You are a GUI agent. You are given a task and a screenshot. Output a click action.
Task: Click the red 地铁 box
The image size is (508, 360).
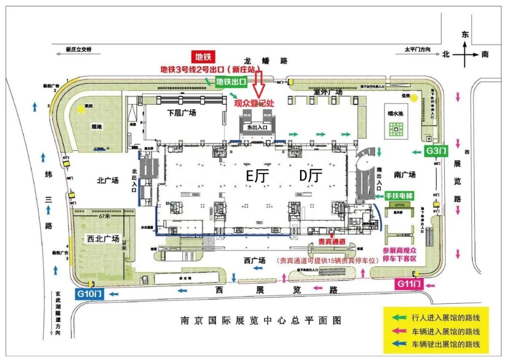[x=203, y=57]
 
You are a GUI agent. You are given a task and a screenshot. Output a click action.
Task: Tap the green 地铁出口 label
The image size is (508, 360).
[x=231, y=82]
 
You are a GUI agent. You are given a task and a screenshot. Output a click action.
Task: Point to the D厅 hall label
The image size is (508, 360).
[x=311, y=176]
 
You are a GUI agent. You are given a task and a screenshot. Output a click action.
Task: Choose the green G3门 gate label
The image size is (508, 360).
[x=436, y=151]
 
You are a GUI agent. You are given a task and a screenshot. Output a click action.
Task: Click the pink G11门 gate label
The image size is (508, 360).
[x=409, y=284]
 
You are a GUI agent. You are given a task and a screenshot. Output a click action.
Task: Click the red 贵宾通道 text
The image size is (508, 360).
[x=332, y=242]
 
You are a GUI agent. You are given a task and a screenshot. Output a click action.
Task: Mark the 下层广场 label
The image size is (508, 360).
[x=182, y=113]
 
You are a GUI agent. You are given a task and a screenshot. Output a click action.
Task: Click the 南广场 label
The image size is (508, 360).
[x=405, y=175]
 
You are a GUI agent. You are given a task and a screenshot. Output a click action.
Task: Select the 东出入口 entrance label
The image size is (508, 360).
[x=256, y=127]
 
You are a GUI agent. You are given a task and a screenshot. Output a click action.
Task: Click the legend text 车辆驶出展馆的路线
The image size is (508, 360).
[x=446, y=344]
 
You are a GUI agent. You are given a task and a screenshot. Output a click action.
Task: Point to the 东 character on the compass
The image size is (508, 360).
[x=465, y=34]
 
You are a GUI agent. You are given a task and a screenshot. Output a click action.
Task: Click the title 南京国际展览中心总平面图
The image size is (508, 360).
[x=261, y=321]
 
